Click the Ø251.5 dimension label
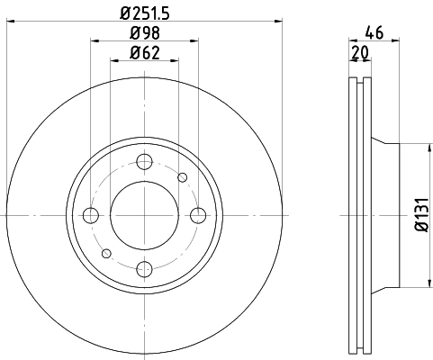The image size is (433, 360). click(x=145, y=13)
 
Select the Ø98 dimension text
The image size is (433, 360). click(x=145, y=32)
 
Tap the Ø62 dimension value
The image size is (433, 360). click(x=145, y=53)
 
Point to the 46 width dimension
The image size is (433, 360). click(x=374, y=32)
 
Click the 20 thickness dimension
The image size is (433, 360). click(x=360, y=53)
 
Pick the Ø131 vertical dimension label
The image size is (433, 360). click(x=422, y=214)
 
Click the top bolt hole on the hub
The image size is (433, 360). click(x=145, y=162)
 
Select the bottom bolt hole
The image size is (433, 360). click(x=145, y=269)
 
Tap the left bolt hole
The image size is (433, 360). click(x=91, y=215)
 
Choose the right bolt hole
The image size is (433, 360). click(x=198, y=215)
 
